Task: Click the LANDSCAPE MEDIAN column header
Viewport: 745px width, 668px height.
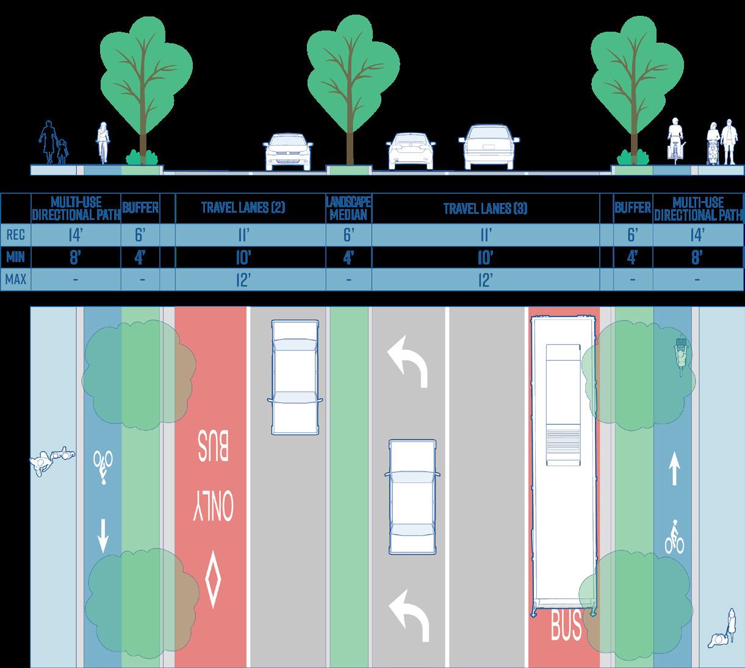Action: [349, 208]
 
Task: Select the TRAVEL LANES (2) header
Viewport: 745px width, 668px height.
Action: [243, 208]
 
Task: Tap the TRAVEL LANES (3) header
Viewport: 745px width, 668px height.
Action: [485, 208]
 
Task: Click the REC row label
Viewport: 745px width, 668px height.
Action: [15, 234]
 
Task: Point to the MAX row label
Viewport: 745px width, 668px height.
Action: [15, 280]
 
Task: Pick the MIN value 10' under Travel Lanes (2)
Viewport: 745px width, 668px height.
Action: [243, 258]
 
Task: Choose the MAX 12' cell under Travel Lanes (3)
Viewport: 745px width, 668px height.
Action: [485, 280]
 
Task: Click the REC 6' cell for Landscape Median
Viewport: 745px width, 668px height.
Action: [349, 234]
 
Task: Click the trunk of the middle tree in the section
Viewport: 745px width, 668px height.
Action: [349, 134]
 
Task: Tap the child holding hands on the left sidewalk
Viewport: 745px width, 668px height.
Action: [62, 152]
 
